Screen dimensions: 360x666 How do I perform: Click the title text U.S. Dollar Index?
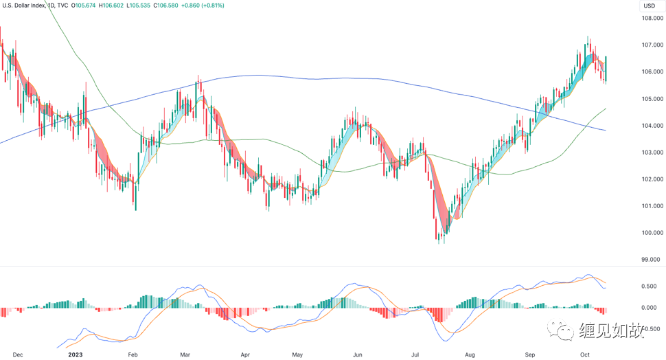[27, 5]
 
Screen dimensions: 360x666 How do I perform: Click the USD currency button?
[648, 6]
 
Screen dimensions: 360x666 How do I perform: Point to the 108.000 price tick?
[651, 19]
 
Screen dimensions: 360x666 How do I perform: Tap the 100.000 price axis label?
[651, 233]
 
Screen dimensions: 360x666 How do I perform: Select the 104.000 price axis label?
[651, 126]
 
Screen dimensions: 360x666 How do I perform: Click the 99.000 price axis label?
[651, 260]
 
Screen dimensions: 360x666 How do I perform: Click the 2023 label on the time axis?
[75, 355]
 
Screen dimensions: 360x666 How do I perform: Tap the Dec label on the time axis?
[18, 355]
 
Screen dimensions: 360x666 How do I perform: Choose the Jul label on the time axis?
[415, 355]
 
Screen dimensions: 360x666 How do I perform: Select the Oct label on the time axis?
[584, 355]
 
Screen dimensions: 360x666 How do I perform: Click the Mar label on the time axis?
[185, 355]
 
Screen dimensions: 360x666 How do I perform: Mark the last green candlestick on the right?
[606, 69]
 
